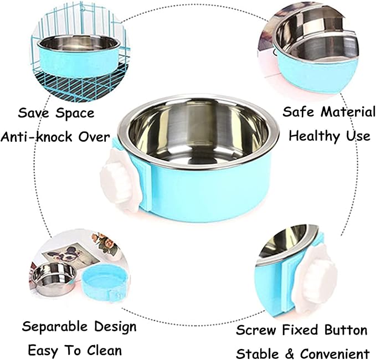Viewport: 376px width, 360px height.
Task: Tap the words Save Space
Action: click(x=56, y=114)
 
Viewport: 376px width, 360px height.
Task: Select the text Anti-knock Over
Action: click(x=55, y=136)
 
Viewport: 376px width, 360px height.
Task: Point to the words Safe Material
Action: click(x=329, y=112)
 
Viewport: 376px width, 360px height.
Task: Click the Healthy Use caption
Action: click(x=329, y=135)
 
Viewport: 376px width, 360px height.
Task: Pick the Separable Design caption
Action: click(x=79, y=326)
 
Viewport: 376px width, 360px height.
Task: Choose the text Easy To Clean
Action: click(x=75, y=350)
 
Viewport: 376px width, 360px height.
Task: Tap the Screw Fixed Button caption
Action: click(x=301, y=331)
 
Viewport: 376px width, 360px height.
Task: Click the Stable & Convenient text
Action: click(x=302, y=353)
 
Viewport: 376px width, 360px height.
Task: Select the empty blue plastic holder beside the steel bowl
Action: click(x=105, y=282)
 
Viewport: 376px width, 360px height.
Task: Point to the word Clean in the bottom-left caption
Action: click(x=104, y=350)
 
